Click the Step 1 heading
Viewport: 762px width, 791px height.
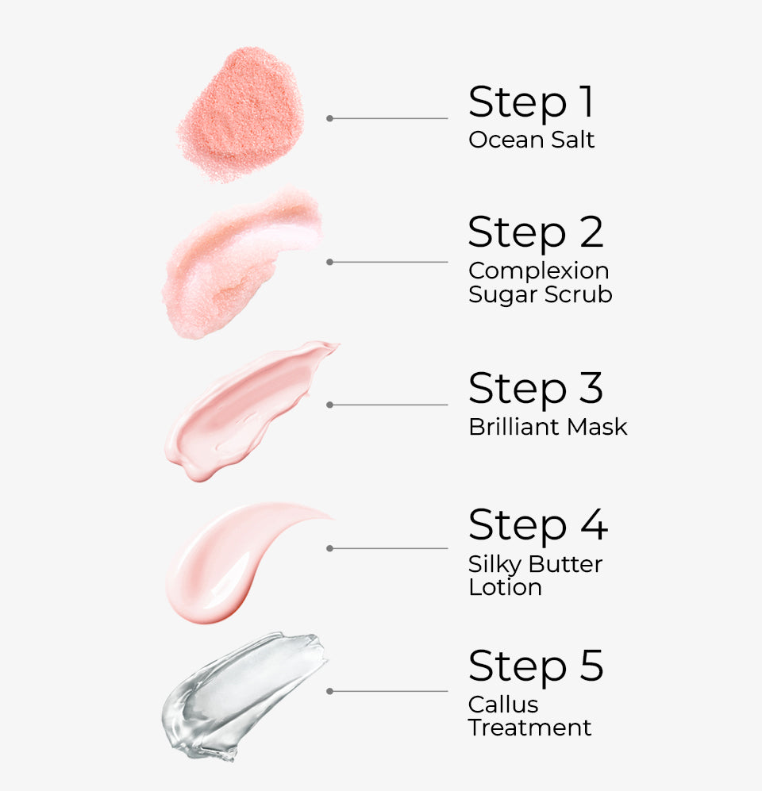coord(531,102)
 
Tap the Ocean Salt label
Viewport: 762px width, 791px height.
coord(531,140)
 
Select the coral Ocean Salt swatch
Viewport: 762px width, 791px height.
coord(241,112)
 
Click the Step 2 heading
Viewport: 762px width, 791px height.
coord(536,232)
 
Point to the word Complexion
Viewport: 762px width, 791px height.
coord(537,271)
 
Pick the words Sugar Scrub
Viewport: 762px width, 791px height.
coord(540,294)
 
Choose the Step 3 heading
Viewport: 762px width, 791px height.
coord(536,389)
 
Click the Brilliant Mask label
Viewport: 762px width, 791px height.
coord(548,427)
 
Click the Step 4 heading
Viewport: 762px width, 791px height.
coord(537,525)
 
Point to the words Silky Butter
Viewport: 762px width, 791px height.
coord(535,564)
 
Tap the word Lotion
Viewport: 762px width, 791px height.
coord(505,587)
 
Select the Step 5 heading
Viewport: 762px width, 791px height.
coord(536,666)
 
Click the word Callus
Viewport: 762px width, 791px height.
coord(503,704)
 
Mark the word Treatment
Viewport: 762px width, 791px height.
coord(529,728)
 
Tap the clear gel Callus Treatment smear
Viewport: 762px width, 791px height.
coord(242,694)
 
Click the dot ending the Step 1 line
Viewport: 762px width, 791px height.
coord(329,118)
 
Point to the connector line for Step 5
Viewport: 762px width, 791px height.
coord(389,691)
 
